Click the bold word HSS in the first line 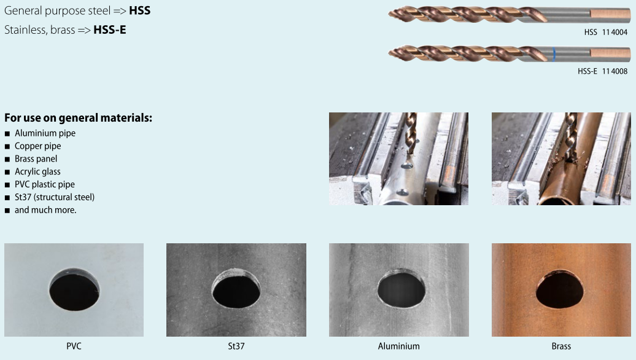point(139,10)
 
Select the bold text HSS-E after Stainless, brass point(109,30)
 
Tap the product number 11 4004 point(615,33)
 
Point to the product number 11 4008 point(615,71)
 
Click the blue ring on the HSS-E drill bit point(554,54)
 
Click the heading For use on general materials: point(79,118)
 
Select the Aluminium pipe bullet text point(45,133)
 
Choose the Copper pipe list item point(37,146)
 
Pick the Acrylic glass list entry point(37,171)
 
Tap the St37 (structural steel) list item point(55,197)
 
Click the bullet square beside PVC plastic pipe point(7,185)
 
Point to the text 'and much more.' point(45,210)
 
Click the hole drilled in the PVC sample point(74,289)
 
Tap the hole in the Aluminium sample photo point(401,289)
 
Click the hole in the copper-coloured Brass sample point(560,290)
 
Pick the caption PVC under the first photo point(74,346)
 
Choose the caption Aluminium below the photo point(398,346)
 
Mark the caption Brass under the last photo point(561,346)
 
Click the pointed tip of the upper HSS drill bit point(389,15)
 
